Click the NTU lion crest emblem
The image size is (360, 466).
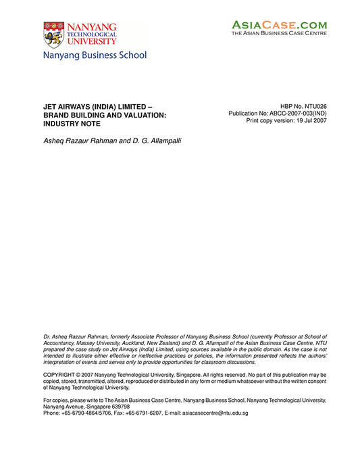[53, 34]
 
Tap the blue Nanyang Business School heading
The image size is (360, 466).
[95, 55]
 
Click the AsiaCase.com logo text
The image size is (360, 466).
[280, 24]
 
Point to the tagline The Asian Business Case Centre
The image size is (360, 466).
[280, 32]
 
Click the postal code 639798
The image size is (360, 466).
[117, 407]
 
